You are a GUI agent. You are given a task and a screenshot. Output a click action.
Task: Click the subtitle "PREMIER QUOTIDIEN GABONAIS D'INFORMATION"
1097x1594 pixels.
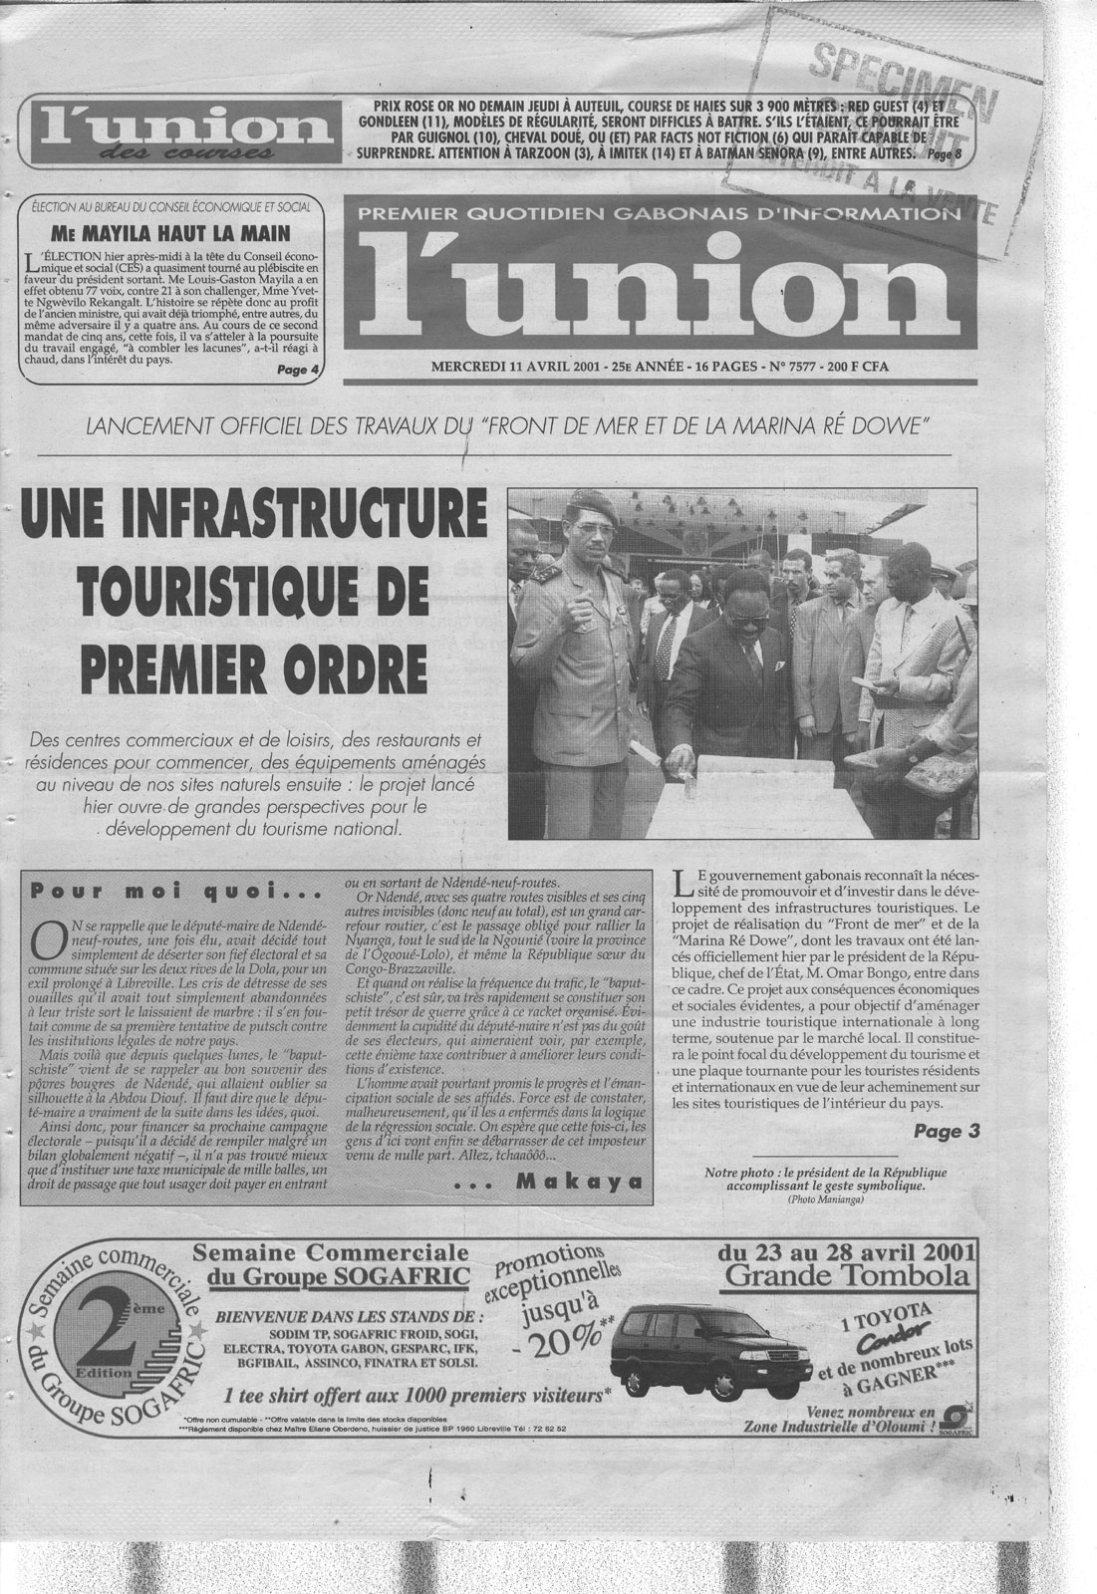(x=649, y=212)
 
